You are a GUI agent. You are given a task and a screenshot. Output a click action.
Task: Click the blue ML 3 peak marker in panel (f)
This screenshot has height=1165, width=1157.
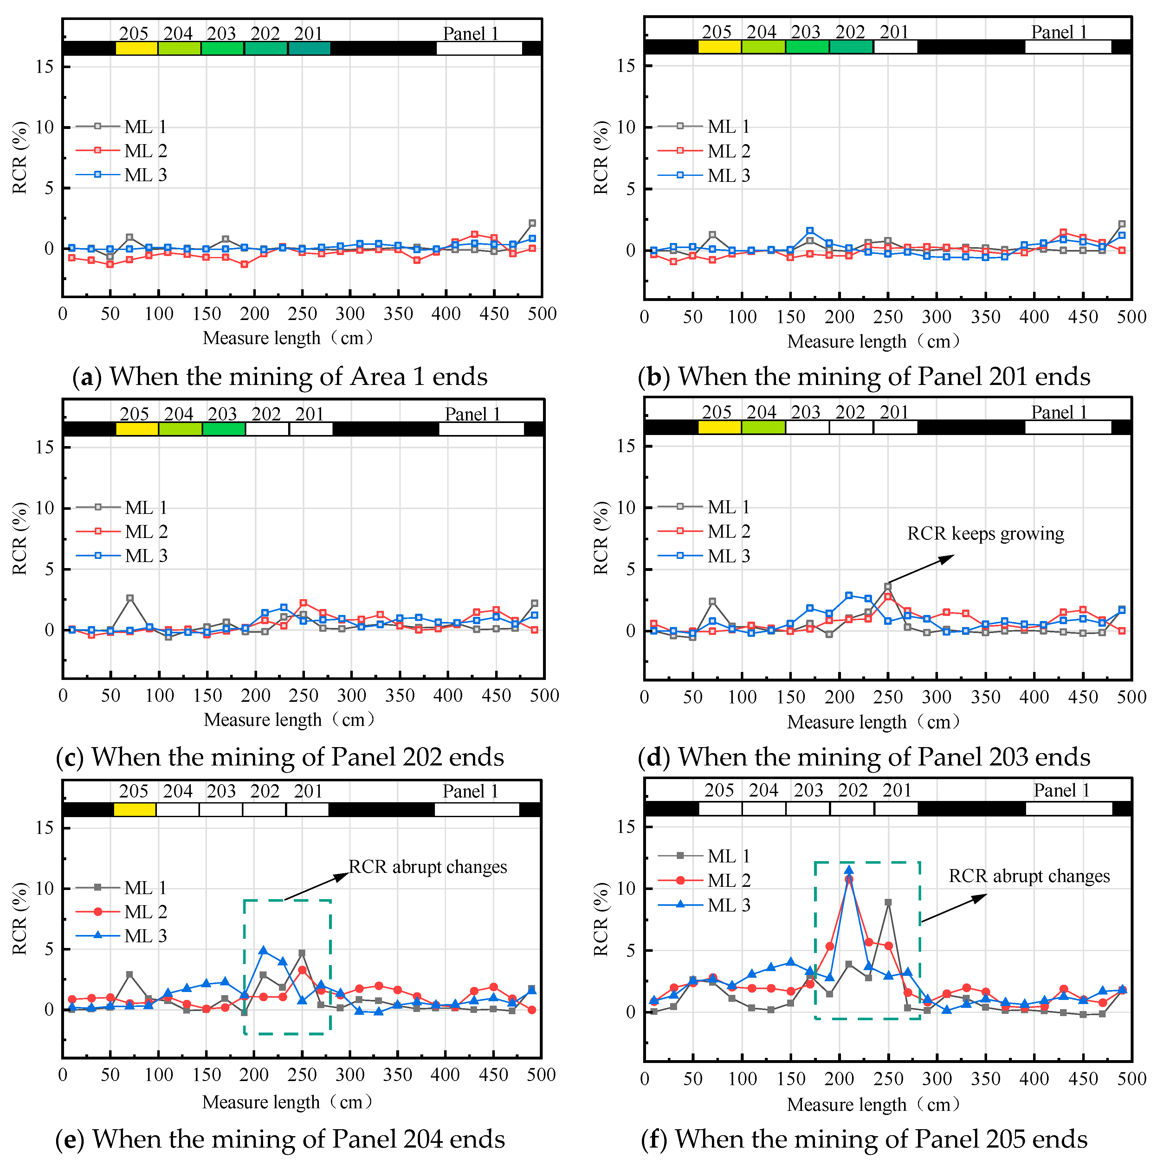click(849, 870)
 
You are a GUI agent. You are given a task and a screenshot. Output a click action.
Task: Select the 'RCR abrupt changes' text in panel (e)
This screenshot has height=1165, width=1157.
click(428, 867)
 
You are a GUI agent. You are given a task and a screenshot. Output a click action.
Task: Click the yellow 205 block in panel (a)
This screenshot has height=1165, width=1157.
click(136, 48)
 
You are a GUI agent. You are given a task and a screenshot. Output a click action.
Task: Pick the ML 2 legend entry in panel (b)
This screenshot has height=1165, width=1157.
click(728, 151)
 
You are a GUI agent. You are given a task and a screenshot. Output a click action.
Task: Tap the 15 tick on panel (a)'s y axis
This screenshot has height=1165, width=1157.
click(45, 66)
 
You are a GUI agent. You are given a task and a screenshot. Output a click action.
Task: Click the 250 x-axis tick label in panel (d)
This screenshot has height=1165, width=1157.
click(888, 697)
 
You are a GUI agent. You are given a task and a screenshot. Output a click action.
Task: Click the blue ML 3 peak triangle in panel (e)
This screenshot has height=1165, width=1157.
click(263, 950)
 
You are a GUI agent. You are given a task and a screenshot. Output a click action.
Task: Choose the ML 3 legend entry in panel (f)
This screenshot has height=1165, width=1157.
click(728, 905)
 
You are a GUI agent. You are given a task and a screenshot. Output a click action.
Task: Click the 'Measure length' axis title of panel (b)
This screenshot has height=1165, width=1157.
click(873, 341)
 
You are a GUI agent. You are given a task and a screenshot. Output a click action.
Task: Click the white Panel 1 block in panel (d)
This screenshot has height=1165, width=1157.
click(1068, 427)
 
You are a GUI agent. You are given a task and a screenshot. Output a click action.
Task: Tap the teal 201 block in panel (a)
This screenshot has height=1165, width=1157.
click(309, 48)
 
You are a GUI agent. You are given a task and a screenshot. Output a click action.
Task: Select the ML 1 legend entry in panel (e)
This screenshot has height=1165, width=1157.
click(145, 888)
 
